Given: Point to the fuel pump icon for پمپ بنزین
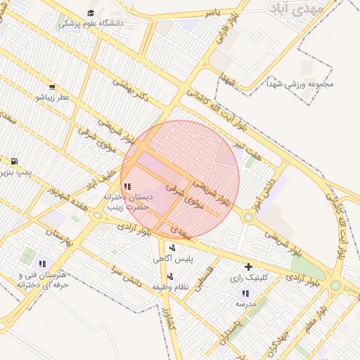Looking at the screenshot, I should [15, 162].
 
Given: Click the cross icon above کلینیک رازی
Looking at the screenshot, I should [248, 267].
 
